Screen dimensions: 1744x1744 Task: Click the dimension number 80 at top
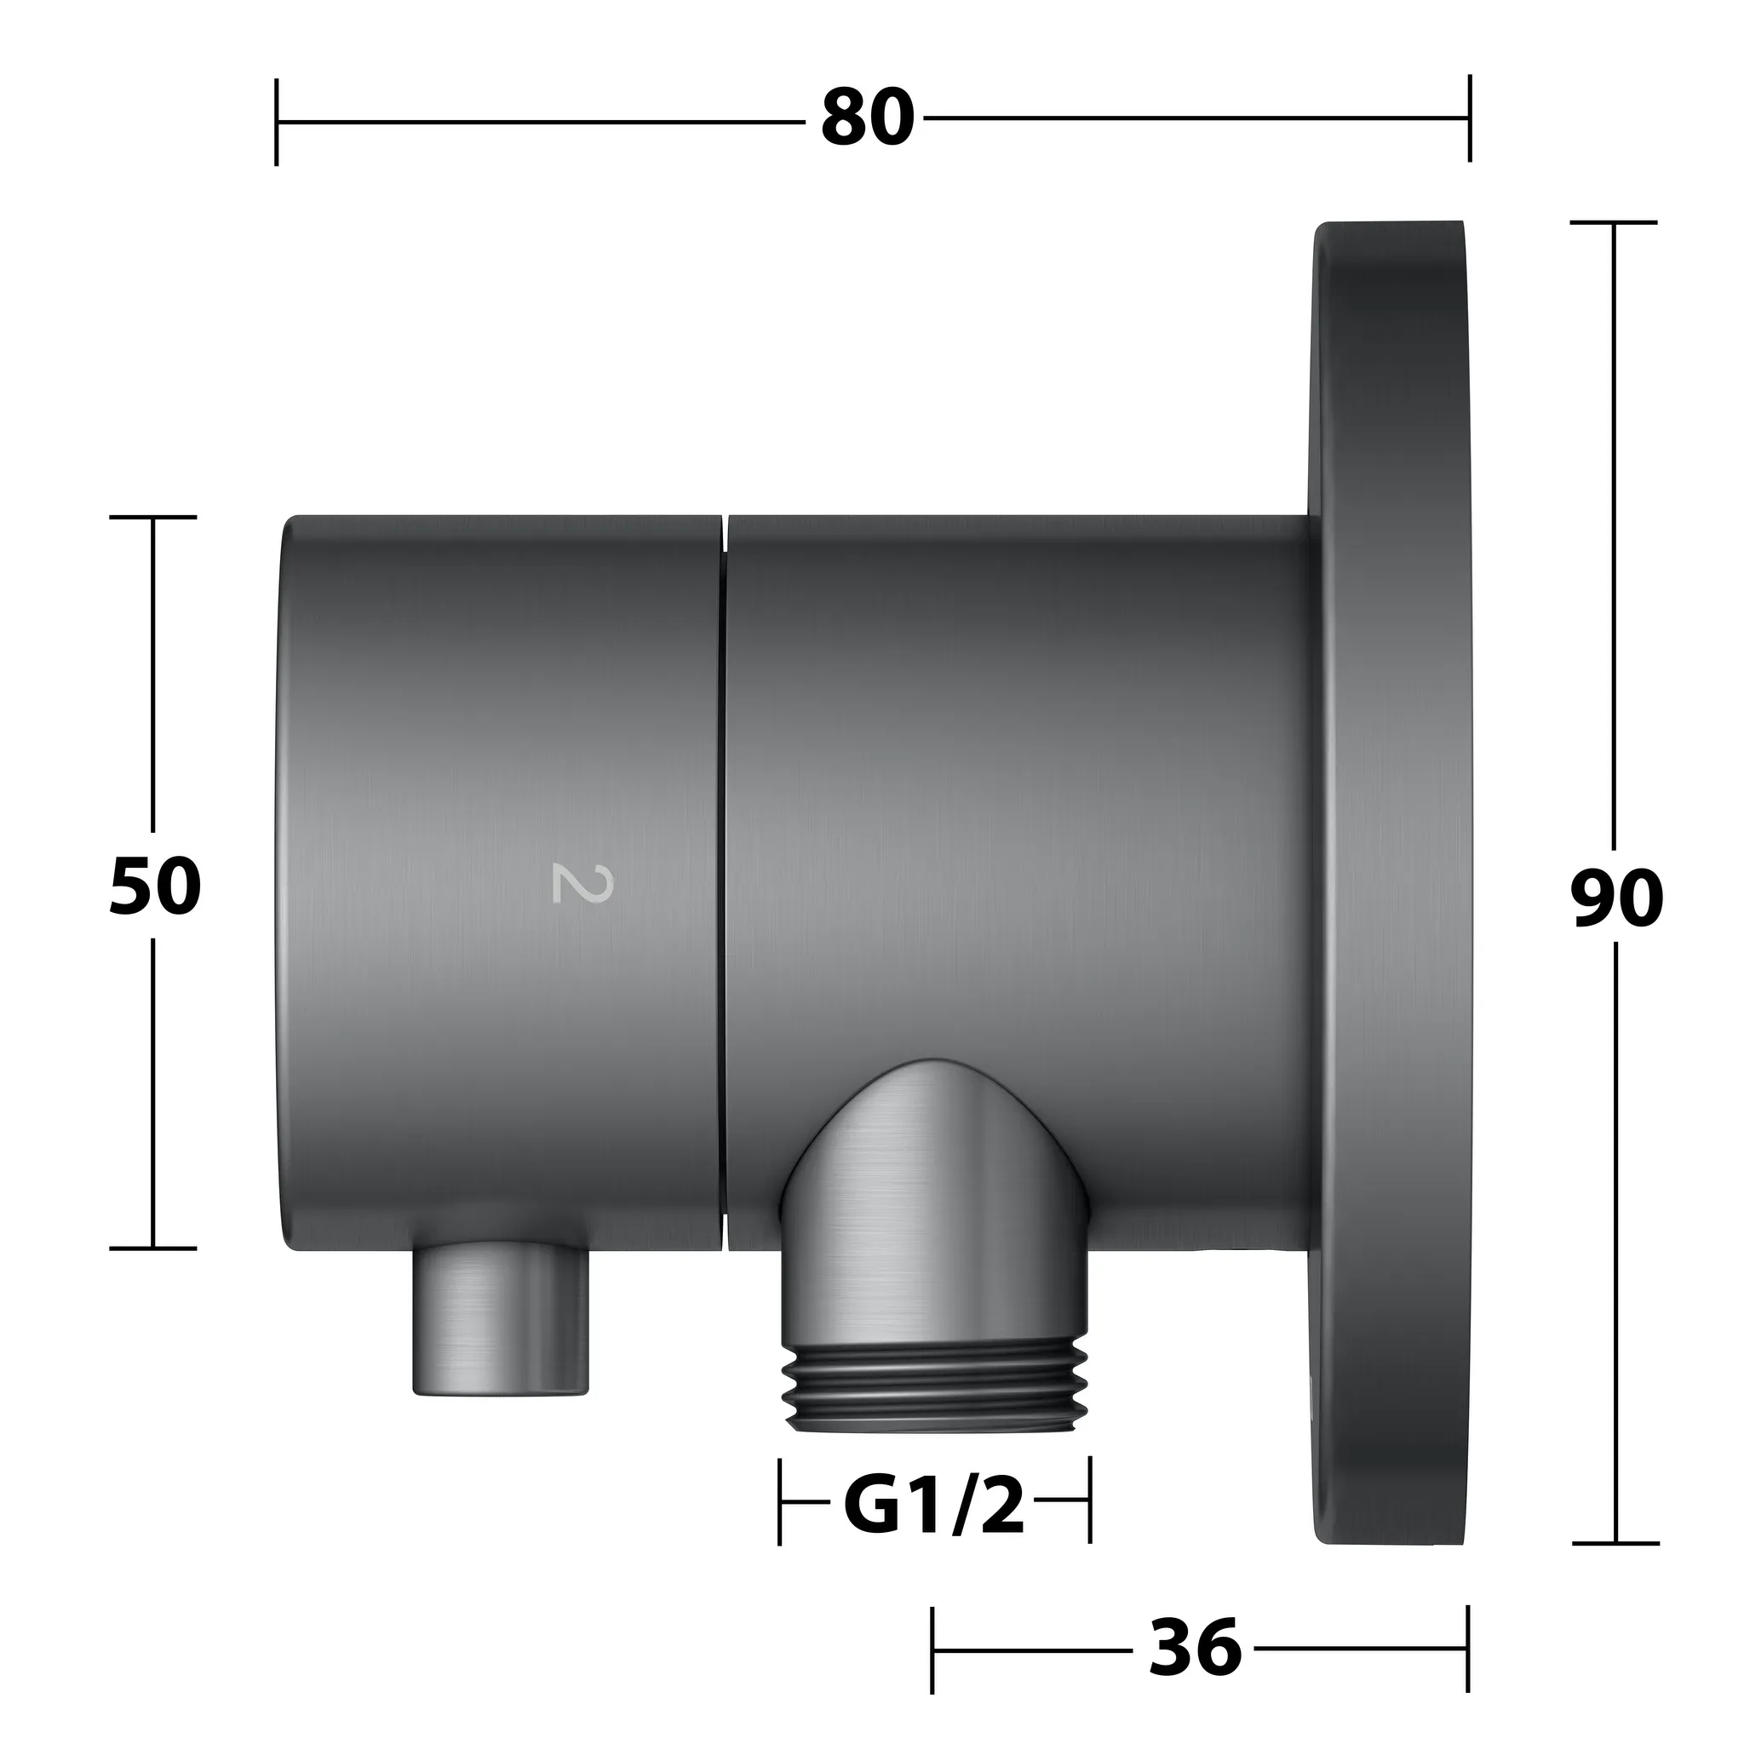868,119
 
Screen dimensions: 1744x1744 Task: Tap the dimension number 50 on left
154,886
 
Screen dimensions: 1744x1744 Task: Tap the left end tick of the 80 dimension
276,121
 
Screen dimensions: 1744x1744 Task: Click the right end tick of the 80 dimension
1470,118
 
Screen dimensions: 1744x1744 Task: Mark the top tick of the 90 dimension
1614,222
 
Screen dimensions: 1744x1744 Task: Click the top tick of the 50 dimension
152,517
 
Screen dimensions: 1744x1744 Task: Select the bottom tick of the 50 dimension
152,1248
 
